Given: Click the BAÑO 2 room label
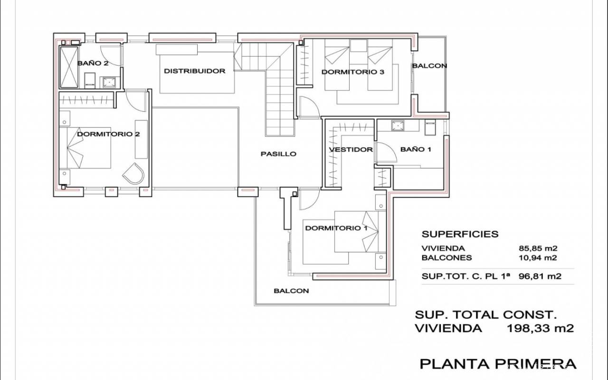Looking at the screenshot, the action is coord(93,63).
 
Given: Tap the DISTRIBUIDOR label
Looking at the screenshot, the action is coord(195,71).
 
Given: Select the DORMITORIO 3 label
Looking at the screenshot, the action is coord(353,72).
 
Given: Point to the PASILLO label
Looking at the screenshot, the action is coord(278,154).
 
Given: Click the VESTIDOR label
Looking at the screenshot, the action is coord(351,150).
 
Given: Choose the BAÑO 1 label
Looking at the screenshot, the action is coord(416,149).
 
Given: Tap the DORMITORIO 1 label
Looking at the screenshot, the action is coord(336,228).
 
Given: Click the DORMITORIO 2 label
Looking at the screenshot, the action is coord(108,134).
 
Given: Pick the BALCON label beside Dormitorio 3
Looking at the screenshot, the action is coord(429,66).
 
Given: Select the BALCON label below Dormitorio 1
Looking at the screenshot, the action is coord(291,291).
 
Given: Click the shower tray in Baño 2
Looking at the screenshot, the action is coord(69,67).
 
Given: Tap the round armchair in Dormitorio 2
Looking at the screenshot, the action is coord(133,173).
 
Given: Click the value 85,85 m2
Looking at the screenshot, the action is coord(538,248).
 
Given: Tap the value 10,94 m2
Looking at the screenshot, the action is coord(538,257).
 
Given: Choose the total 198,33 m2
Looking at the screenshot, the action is coord(541,328).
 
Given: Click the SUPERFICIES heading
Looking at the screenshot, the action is coord(460,234).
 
